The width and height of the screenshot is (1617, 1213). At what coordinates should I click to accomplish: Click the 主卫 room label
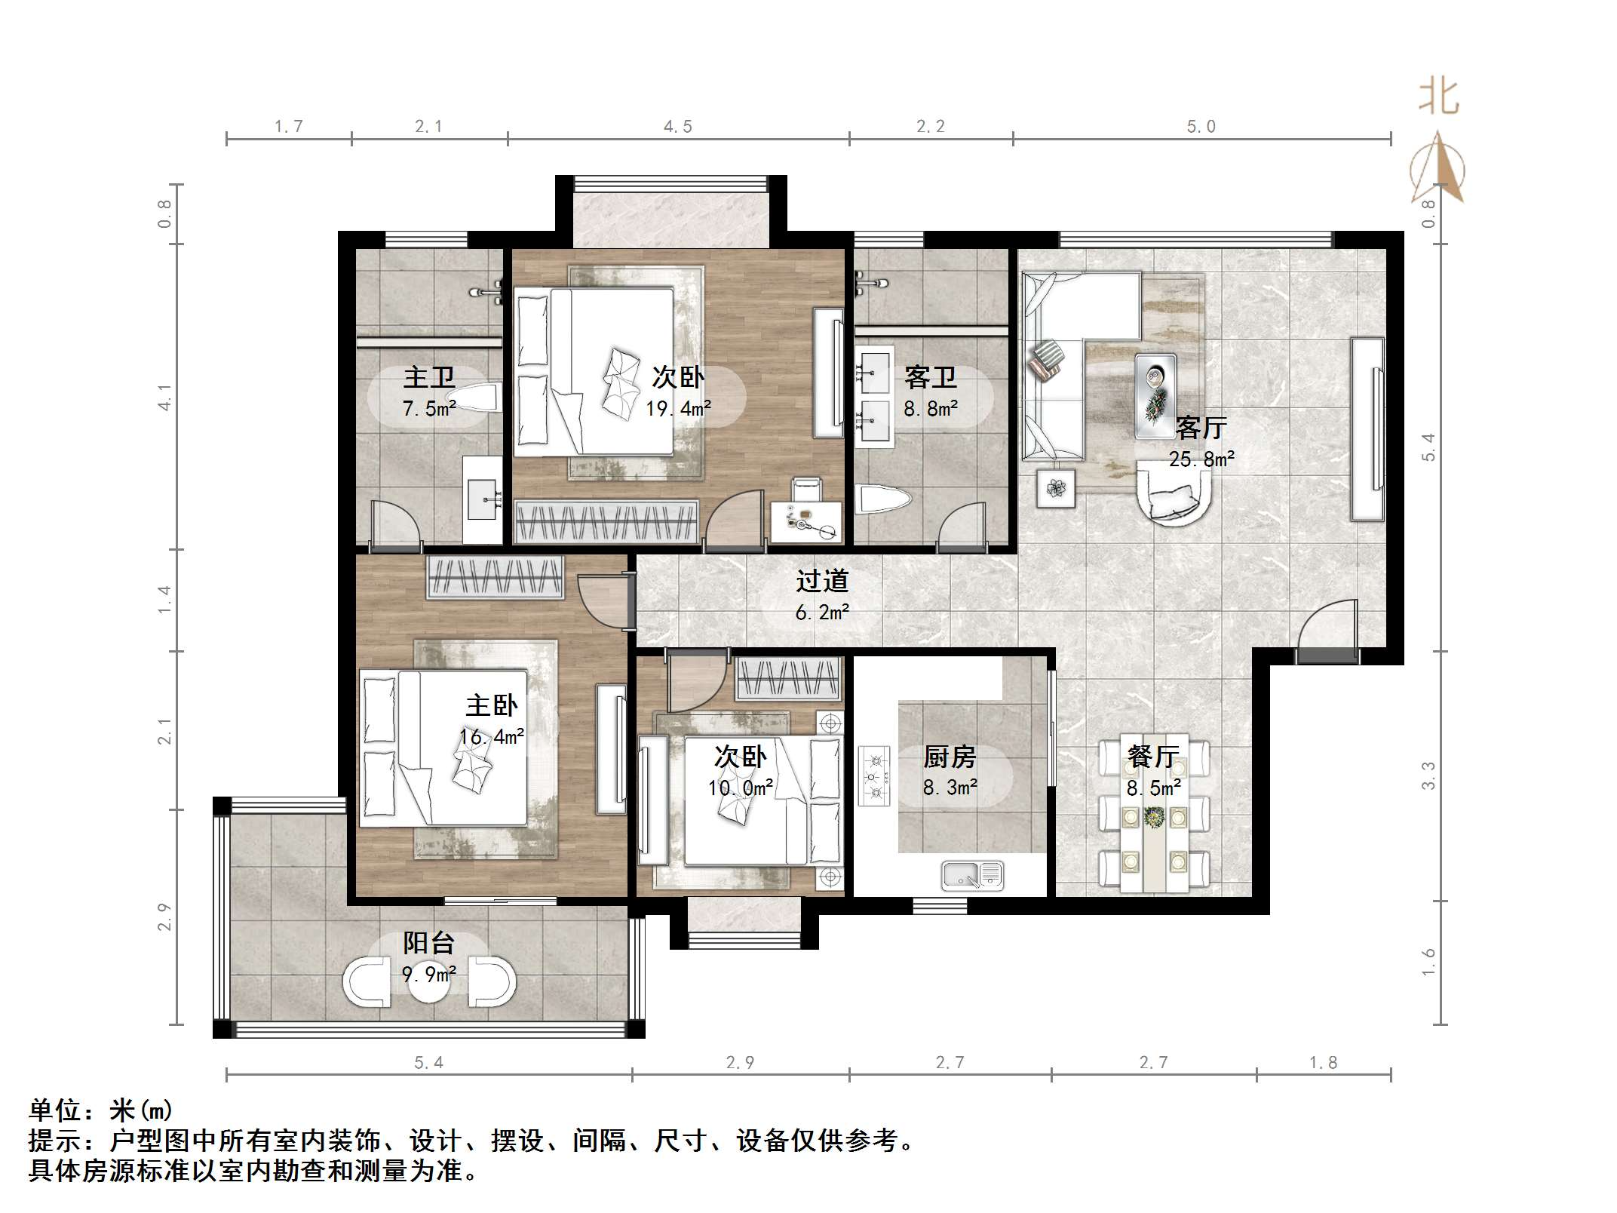tap(429, 377)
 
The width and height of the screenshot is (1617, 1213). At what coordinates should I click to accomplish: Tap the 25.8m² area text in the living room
tap(1202, 459)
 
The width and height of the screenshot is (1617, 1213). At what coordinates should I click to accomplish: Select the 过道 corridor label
tap(822, 581)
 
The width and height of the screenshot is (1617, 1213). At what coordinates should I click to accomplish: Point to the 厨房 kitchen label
tap(950, 757)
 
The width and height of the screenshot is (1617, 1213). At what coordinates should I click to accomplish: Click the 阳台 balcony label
tap(429, 943)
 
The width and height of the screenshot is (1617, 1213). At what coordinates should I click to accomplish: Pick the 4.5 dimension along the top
tap(678, 127)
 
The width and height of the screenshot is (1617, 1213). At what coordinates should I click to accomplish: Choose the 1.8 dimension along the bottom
tap(1324, 1063)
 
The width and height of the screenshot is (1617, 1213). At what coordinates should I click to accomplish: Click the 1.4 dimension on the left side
tap(164, 600)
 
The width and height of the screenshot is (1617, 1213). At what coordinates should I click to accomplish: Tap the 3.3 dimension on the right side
tap(1428, 775)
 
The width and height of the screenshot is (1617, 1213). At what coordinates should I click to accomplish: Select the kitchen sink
tap(972, 875)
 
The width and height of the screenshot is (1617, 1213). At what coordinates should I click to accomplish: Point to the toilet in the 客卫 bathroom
tap(884, 499)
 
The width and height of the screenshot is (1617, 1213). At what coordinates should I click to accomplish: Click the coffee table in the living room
tap(1155, 396)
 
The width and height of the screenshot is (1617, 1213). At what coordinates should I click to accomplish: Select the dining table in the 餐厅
tap(1154, 813)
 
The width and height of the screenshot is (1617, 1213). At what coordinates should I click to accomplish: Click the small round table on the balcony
tap(430, 982)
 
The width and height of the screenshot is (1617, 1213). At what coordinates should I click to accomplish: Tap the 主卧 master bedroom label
tap(492, 706)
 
